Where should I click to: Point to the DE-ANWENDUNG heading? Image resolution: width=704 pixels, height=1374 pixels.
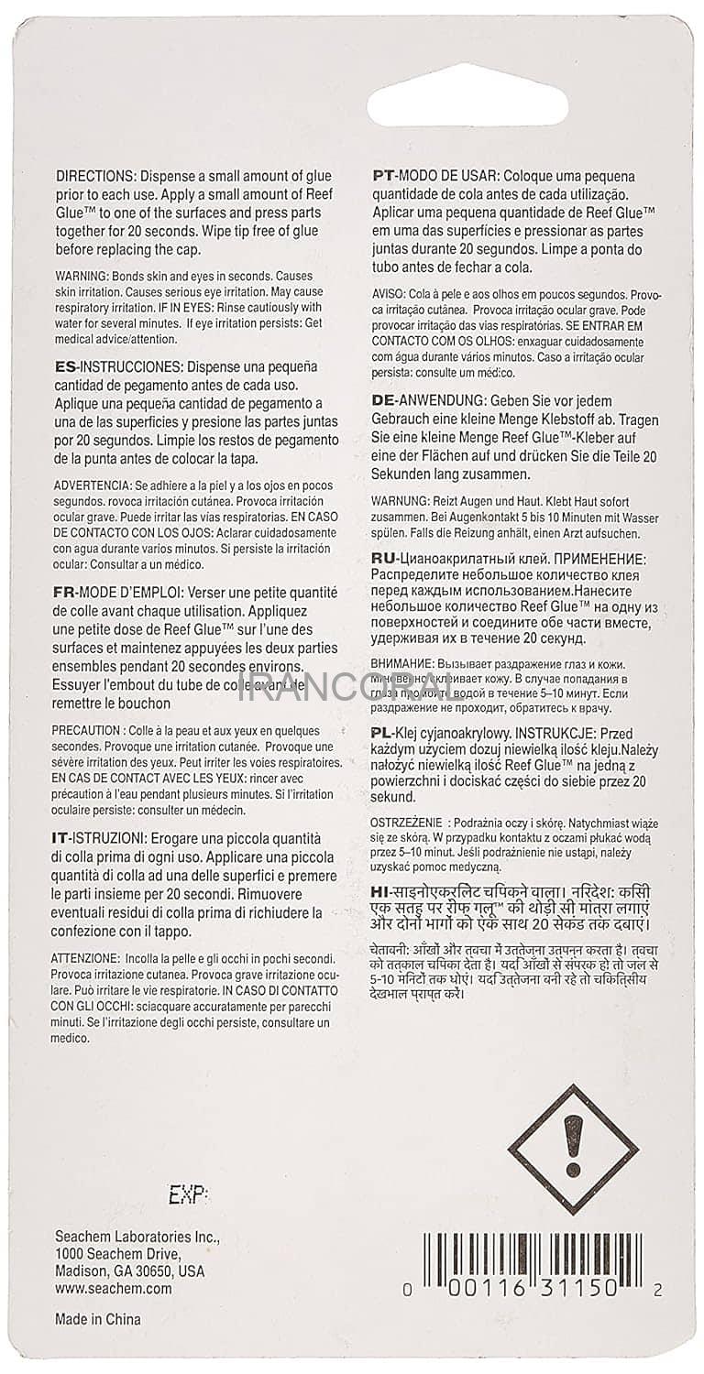(x=429, y=400)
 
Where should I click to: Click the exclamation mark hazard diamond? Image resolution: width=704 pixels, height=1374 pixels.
(x=573, y=1149)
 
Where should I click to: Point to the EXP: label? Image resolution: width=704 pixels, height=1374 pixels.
(x=188, y=1194)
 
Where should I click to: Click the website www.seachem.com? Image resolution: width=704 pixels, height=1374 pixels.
(x=113, y=1289)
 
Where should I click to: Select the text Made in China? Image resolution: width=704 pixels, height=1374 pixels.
(x=98, y=1319)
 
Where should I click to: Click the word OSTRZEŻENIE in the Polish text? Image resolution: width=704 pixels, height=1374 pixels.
(x=410, y=823)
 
